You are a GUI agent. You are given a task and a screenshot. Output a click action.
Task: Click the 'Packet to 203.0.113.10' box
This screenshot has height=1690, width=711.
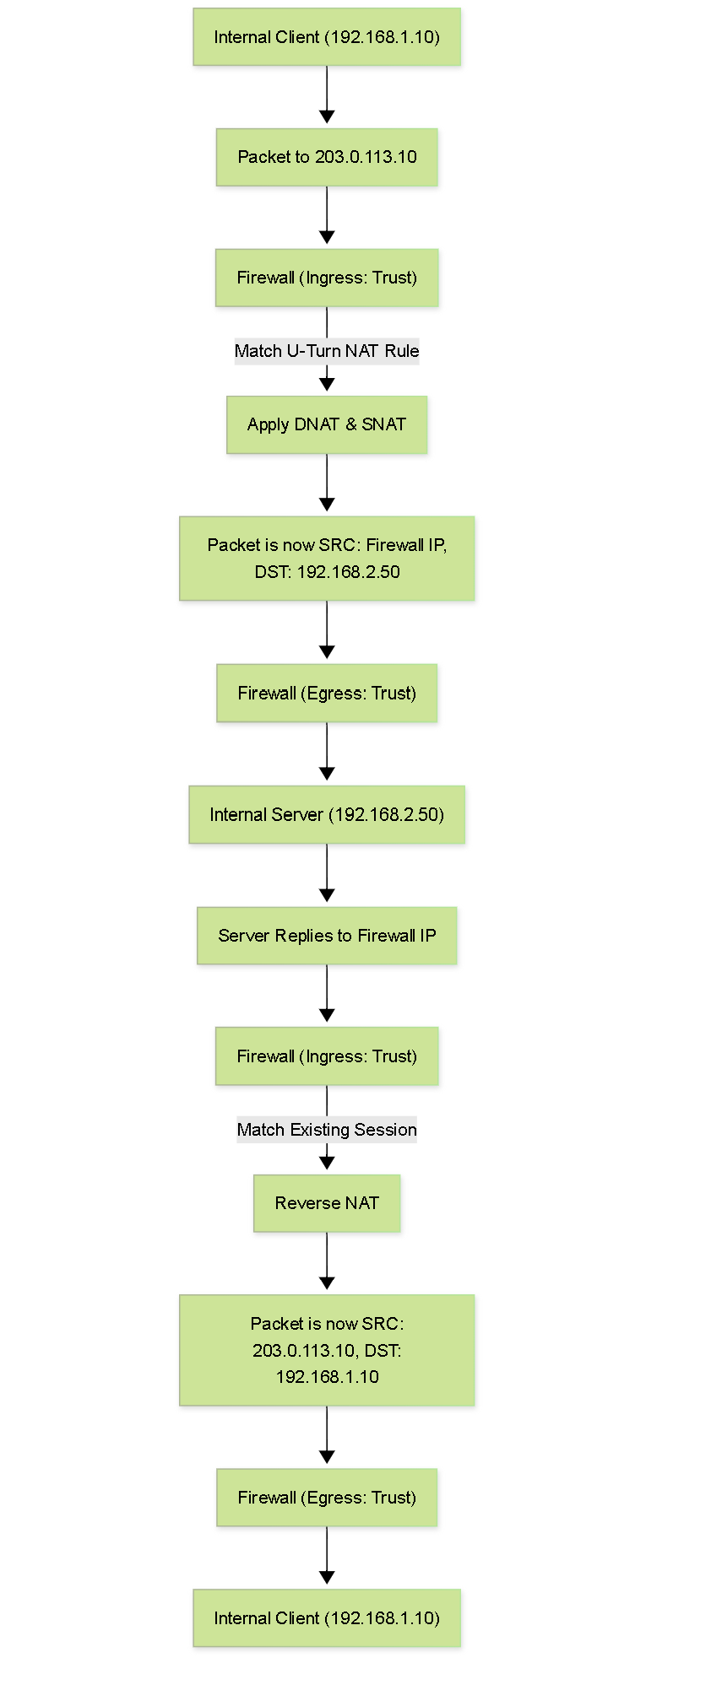point(327,157)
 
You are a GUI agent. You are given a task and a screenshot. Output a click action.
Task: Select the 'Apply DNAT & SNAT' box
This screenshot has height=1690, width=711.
point(327,424)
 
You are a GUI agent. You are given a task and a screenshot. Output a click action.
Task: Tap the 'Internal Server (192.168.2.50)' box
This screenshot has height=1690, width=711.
point(327,814)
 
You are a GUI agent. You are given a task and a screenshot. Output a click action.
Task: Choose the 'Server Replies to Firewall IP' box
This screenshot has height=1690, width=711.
point(327,936)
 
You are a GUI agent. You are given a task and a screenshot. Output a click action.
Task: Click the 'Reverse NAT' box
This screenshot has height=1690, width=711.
point(327,1203)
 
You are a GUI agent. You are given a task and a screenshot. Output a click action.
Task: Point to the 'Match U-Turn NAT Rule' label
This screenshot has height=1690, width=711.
point(327,351)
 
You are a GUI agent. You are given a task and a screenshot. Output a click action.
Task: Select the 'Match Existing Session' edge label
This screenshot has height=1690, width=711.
point(327,1130)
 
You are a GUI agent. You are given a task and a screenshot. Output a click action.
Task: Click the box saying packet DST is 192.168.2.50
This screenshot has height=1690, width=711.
point(327,559)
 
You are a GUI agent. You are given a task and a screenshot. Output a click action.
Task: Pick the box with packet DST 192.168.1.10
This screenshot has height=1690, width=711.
point(327,1350)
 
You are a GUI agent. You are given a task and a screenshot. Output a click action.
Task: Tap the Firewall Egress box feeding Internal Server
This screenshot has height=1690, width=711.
point(327,693)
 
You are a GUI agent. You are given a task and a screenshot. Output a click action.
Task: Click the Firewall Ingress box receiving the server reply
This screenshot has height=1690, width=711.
point(327,1056)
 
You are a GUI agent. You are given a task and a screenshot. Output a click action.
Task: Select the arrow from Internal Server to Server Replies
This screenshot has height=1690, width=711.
point(327,872)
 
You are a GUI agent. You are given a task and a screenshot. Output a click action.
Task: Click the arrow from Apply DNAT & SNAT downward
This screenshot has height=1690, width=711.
point(327,483)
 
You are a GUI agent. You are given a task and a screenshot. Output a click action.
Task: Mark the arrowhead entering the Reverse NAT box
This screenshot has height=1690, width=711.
point(327,1163)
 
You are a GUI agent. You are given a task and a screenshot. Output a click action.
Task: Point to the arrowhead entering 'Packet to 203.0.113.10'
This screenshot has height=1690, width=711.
point(327,116)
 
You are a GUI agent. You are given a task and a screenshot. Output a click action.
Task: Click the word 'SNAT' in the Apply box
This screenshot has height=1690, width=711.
point(384,424)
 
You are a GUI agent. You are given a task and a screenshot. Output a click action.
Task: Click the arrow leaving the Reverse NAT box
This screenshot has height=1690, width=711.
point(327,1261)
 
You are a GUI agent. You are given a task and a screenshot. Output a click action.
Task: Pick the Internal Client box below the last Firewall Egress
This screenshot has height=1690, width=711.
point(327,1618)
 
